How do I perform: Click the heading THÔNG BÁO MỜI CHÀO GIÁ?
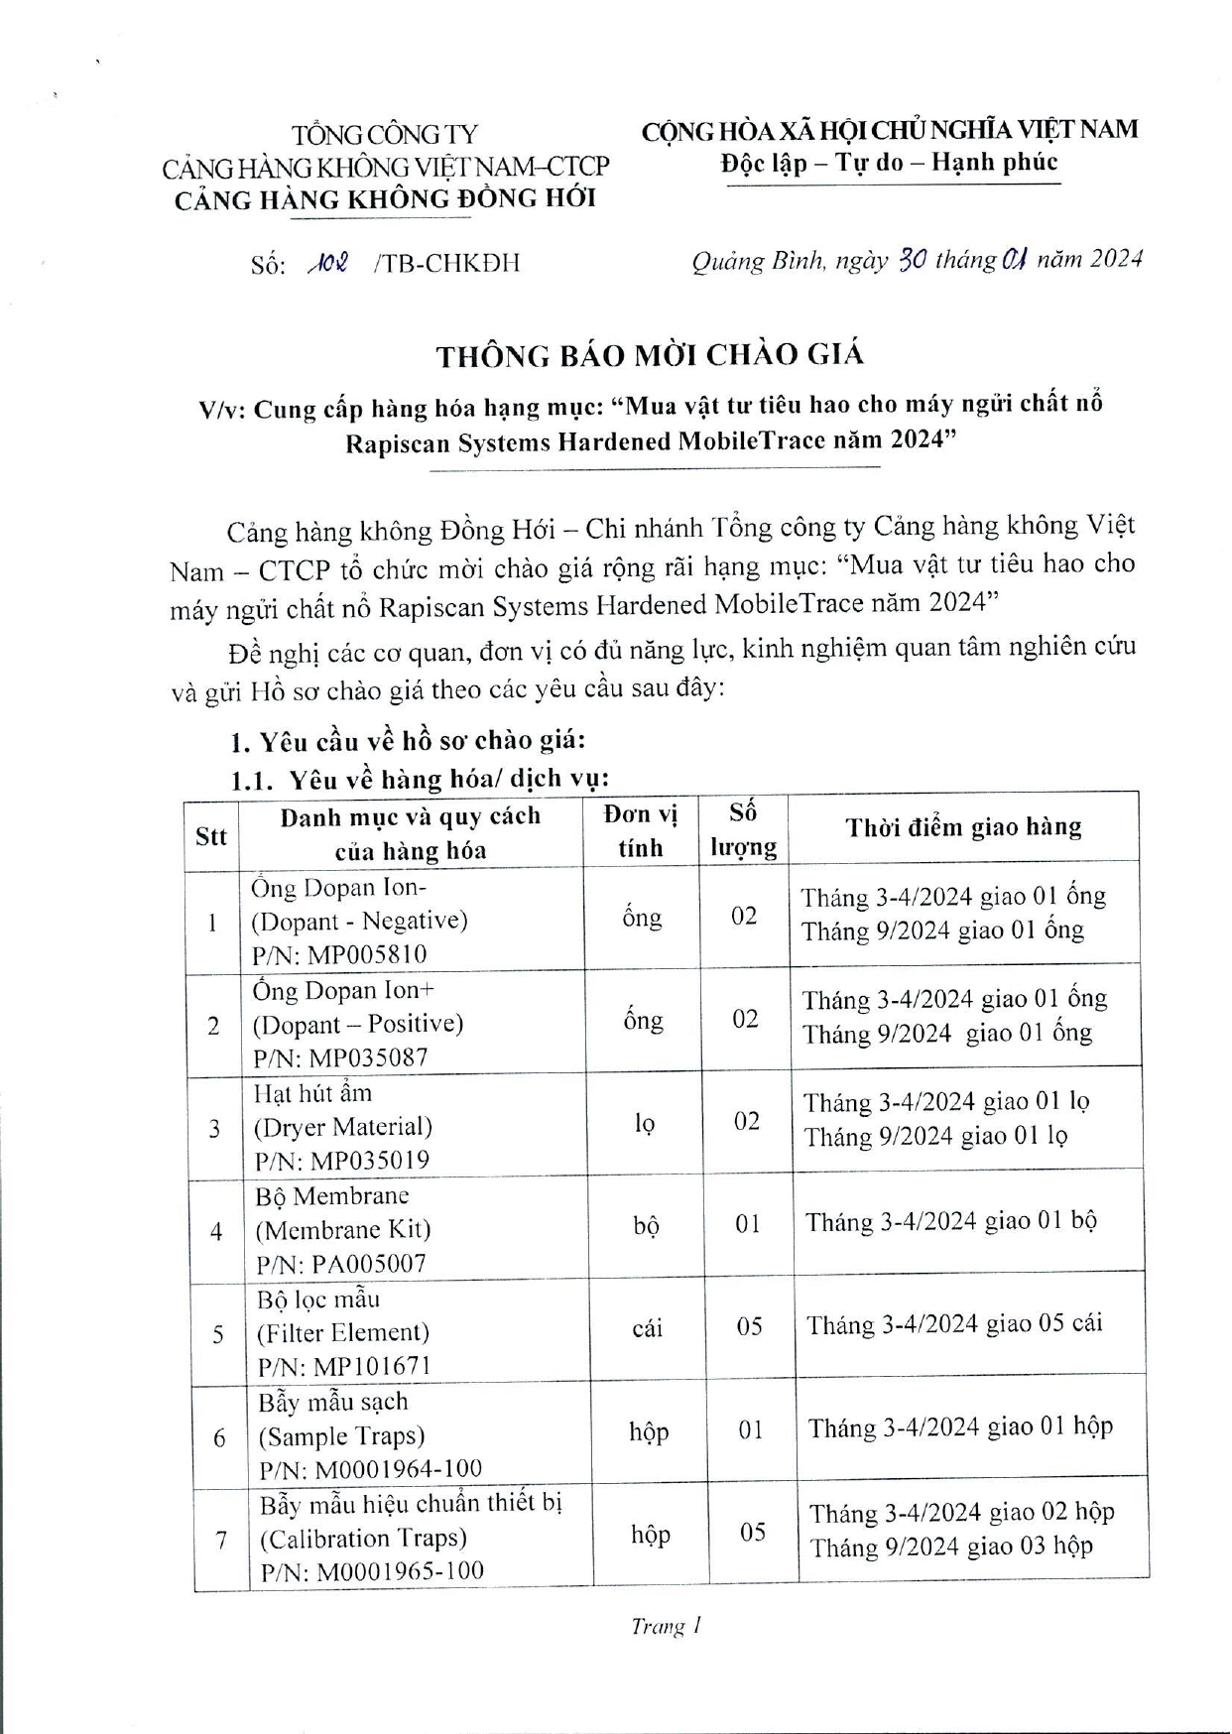(651, 355)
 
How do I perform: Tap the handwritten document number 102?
(327, 264)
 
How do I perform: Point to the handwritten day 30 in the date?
(912, 260)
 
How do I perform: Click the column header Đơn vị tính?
(641, 831)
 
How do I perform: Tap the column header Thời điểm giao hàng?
(963, 827)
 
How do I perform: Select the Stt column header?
(211, 835)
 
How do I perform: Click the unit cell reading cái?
(647, 1328)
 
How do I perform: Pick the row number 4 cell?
(216, 1232)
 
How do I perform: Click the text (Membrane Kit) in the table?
(343, 1230)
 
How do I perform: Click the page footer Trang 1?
(667, 1628)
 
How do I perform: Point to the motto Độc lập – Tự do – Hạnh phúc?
(889, 163)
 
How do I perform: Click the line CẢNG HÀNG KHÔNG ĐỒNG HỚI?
(385, 199)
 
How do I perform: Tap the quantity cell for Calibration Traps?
(753, 1533)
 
